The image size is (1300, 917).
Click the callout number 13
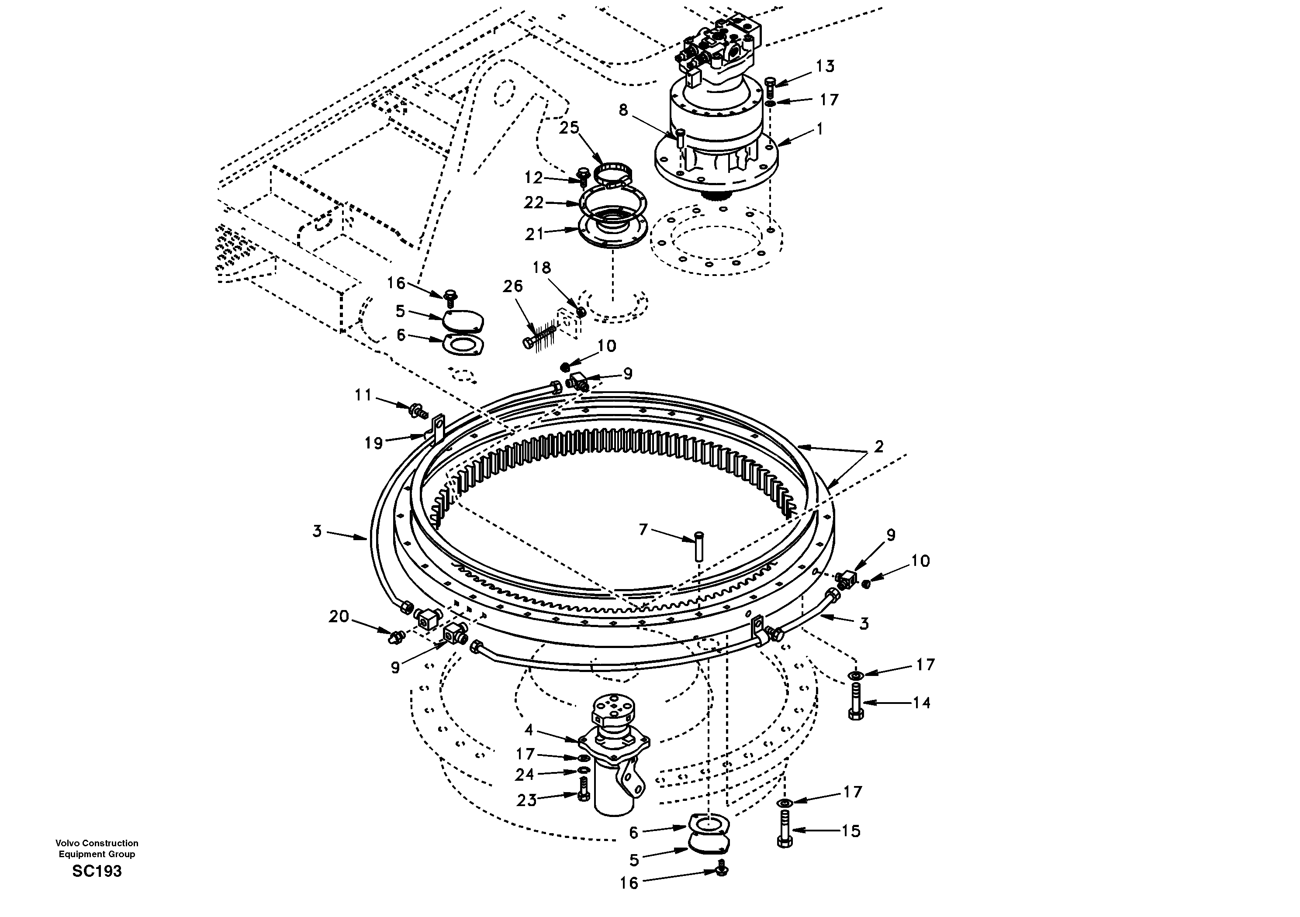[825, 67]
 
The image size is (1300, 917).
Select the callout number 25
[569, 128]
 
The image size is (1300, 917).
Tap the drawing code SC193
[97, 871]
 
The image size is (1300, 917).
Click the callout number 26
[513, 286]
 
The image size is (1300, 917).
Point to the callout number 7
[643, 530]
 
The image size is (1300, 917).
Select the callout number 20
[339, 617]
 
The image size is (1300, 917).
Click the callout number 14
[922, 703]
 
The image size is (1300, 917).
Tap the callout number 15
[851, 831]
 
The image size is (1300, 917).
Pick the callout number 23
[526, 800]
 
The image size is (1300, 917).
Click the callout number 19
[373, 443]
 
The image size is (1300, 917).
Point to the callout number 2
[878, 447]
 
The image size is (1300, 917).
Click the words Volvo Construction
[97, 843]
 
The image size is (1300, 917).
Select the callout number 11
[363, 395]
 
